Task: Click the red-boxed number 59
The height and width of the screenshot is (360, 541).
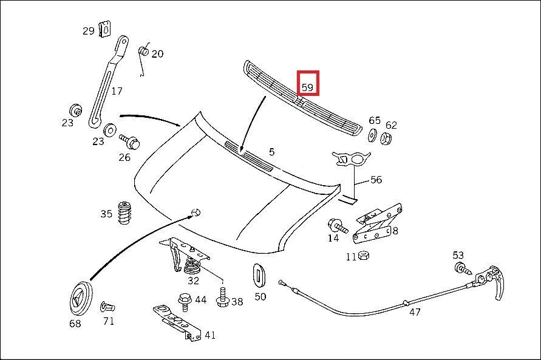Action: pos(307,87)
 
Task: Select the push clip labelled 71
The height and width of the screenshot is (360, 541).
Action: pos(107,307)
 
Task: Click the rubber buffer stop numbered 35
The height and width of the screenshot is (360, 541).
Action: pos(124,213)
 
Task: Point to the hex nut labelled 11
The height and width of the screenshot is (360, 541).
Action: pos(364,256)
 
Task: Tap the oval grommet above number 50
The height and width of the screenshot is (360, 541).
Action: pos(258,275)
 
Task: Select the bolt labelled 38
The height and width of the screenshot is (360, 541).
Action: pos(222,297)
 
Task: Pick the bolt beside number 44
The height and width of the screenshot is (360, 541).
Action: pos(185,302)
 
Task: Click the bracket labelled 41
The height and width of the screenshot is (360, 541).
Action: pos(177,323)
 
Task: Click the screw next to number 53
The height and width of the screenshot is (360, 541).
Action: pos(463,268)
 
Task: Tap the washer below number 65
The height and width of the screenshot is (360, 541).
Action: pos(373,135)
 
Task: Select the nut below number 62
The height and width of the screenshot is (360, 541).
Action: pos(386,138)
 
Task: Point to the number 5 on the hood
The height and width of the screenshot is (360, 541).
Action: pos(271,152)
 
